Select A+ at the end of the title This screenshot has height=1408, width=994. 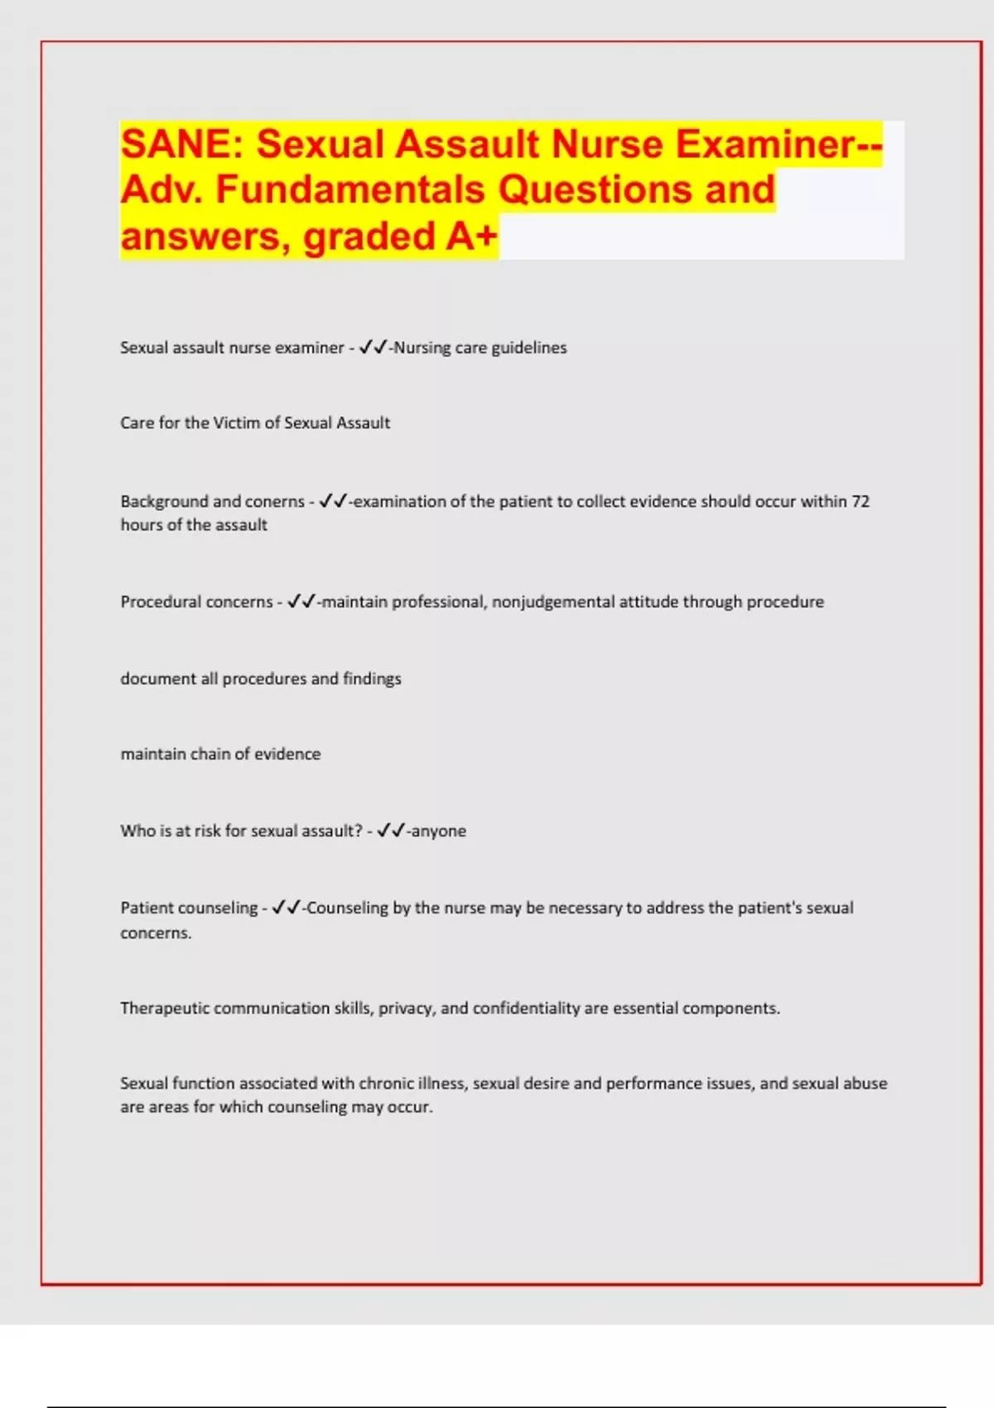[472, 236]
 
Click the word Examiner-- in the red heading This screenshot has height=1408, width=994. [779, 144]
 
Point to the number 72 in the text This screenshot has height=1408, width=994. [861, 501]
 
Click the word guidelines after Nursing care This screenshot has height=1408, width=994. [529, 348]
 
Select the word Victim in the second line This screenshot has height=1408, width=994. [236, 423]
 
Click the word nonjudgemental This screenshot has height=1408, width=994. [552, 602]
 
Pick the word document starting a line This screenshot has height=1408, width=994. [157, 679]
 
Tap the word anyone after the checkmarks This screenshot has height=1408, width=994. [439, 832]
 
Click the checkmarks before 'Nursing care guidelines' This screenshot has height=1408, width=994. [373, 348]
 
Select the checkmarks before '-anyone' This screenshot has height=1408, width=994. [391, 831]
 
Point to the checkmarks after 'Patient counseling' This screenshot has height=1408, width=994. [286, 908]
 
